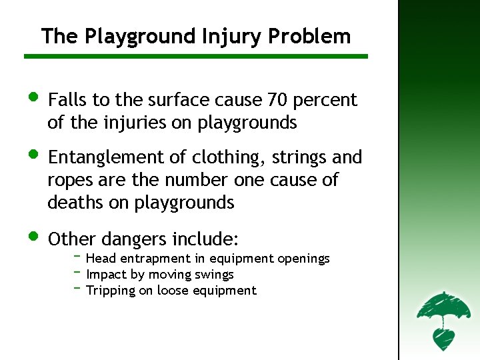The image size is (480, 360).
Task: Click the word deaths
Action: [75, 203]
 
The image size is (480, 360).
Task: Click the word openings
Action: [303, 259]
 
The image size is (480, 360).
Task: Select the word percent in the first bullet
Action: [325, 101]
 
